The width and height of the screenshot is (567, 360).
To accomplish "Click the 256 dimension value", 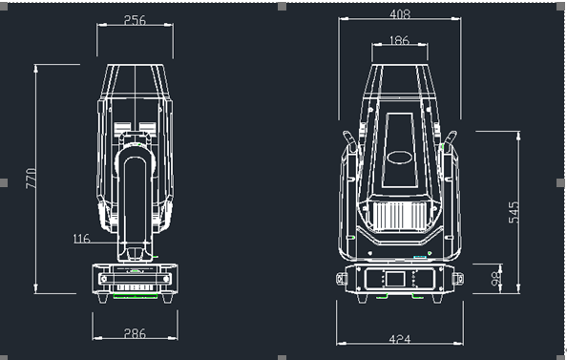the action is point(135,20).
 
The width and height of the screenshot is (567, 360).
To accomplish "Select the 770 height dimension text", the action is point(31,179).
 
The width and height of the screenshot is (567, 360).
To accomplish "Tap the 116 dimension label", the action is point(81,239).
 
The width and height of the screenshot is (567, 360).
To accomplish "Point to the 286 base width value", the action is point(135,333).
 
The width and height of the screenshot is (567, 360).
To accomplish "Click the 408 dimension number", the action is point(400,14).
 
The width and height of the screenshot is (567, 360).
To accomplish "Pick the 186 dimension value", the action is point(400,40).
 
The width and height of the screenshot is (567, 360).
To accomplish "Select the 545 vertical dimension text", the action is point(514,212).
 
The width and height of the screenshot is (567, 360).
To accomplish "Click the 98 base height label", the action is point(496,278).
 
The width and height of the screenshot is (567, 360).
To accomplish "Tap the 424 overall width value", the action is point(400,339).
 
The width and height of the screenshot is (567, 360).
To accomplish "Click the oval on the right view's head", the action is point(400,158).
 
